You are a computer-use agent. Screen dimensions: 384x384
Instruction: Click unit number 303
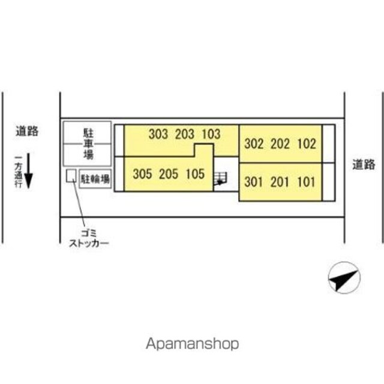pyautogui.click(x=158, y=134)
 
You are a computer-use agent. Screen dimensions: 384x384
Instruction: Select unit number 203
pyautogui.click(x=185, y=134)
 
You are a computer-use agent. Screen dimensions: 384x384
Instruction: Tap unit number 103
pyautogui.click(x=211, y=134)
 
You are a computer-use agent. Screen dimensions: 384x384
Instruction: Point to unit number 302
pyautogui.click(x=254, y=144)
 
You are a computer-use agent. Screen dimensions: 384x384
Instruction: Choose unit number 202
pyautogui.click(x=280, y=144)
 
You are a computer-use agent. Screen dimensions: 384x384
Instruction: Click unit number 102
pyautogui.click(x=306, y=144)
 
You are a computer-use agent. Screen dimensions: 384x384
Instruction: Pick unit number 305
pyautogui.click(x=142, y=175)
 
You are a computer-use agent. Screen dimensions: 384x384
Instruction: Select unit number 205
pyautogui.click(x=169, y=175)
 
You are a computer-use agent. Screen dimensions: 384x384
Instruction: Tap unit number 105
pyautogui.click(x=195, y=175)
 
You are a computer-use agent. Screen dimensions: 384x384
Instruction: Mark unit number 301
pyautogui.click(x=254, y=181)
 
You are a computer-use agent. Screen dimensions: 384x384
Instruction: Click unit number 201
pyautogui.click(x=280, y=181)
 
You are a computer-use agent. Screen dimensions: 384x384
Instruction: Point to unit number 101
pyautogui.click(x=306, y=181)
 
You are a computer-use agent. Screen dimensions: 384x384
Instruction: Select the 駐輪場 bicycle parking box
pyautogui.click(x=95, y=178)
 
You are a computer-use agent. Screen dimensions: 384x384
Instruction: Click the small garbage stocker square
pyautogui.click(x=71, y=176)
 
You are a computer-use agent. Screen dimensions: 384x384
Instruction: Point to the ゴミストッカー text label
pyautogui.click(x=88, y=239)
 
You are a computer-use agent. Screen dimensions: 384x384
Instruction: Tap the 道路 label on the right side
pyautogui.click(x=364, y=163)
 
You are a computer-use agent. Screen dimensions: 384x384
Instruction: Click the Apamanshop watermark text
pyautogui.click(x=192, y=344)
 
